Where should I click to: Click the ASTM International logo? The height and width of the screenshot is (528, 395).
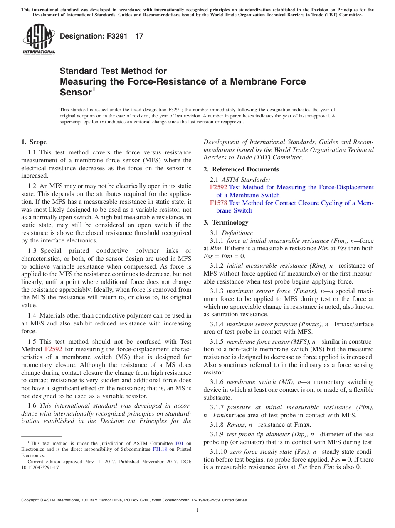click(x=38, y=40)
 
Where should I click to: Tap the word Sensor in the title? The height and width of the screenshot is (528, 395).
click(x=75, y=92)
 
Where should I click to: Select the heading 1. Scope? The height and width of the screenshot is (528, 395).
click(x=34, y=142)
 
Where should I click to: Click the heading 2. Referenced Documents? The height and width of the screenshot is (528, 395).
click(x=241, y=169)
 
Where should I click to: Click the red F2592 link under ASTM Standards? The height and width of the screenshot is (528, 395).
click(x=219, y=187)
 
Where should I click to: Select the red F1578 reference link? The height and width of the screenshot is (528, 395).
click(x=219, y=203)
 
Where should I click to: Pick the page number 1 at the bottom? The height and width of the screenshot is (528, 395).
click(x=197, y=510)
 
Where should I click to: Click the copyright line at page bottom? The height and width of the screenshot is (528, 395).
click(x=134, y=500)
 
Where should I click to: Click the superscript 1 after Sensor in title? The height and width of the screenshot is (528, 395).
click(x=94, y=89)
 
